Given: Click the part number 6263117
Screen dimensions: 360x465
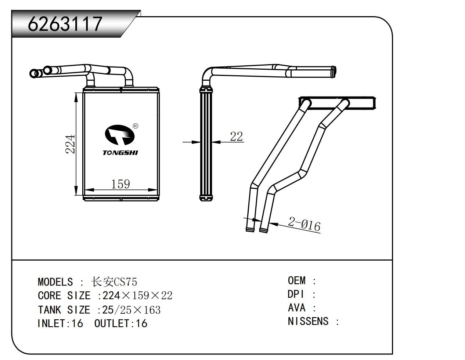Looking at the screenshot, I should pos(65,24).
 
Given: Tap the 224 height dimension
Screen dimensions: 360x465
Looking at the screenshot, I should pos(71,144).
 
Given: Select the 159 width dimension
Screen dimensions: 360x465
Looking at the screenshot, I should pos(120,184).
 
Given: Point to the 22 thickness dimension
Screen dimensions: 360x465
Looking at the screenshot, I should pos(237,137).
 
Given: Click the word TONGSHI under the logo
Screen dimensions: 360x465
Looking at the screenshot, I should pos(120,153).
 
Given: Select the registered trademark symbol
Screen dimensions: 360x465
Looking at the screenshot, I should pos(135,126).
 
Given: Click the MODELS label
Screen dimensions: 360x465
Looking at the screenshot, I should pos(55,282).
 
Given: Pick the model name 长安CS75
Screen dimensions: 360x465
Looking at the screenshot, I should pos(114,282).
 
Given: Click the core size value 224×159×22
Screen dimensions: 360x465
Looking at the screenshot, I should pos(137,295).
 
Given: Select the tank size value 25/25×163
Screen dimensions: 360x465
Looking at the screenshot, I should pos(131,310).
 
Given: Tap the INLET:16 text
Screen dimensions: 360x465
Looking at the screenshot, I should pos(60,323).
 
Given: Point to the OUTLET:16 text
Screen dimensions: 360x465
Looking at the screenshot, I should pos(120,323).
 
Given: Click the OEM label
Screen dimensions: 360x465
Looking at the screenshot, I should pos(297,281).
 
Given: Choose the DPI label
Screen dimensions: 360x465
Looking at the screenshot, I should pos(296,294).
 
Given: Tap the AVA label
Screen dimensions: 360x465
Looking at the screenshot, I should pos(296,308).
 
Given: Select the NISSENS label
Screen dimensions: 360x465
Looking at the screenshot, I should pos(308,321).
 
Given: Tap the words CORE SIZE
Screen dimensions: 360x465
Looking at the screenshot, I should pos(64,295).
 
